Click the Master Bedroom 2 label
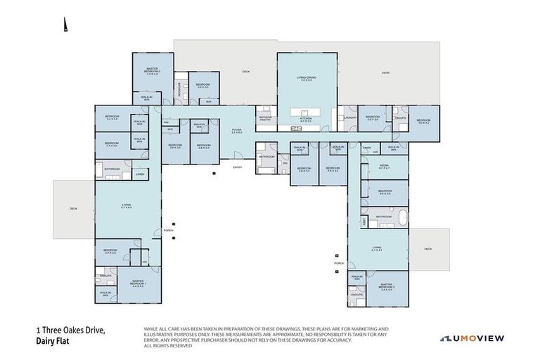click(x=153, y=71)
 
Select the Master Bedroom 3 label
click(x=386, y=287)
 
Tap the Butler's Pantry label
click(x=265, y=119)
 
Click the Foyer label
click(x=237, y=131)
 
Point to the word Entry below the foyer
click(x=237, y=167)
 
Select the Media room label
click(x=384, y=167)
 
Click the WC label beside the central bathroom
click(x=285, y=163)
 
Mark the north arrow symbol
click(x=65, y=25)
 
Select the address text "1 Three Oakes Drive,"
click(x=70, y=329)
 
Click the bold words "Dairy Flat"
click(x=53, y=342)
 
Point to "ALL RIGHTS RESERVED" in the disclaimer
click(x=168, y=346)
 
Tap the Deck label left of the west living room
click(x=73, y=208)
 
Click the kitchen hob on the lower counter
click(x=296, y=128)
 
